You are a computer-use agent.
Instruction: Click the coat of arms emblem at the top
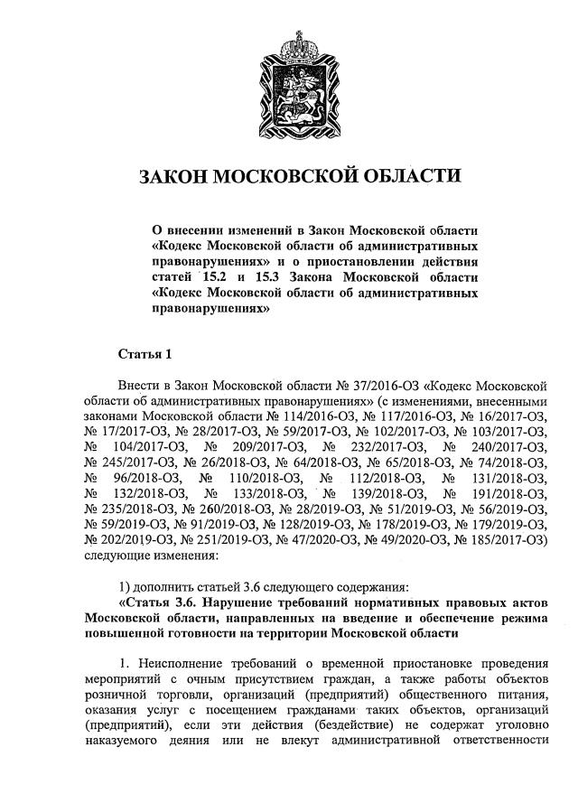coord(289,86)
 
